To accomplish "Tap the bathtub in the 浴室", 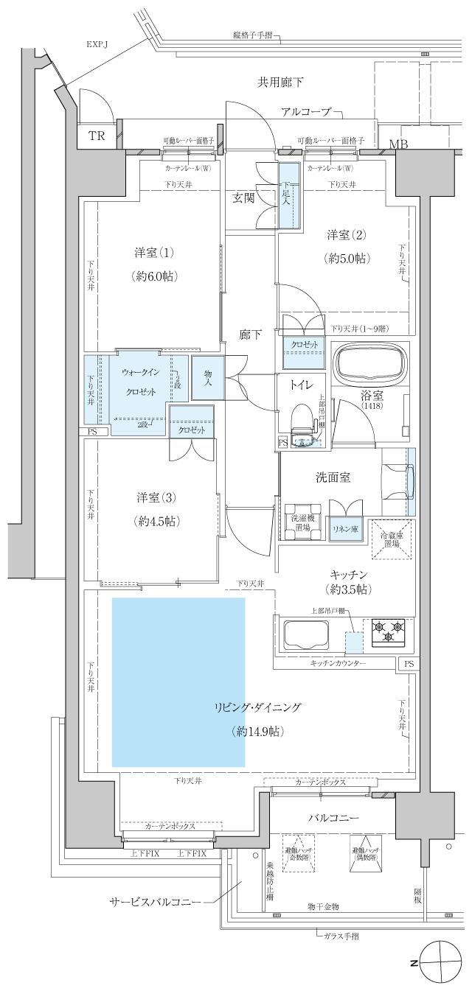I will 372,364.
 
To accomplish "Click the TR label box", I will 96,136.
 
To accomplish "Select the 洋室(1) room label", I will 153,253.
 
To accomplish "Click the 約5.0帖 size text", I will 347,259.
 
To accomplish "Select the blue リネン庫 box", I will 344,529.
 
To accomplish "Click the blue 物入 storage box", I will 207,378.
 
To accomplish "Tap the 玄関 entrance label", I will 244,197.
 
